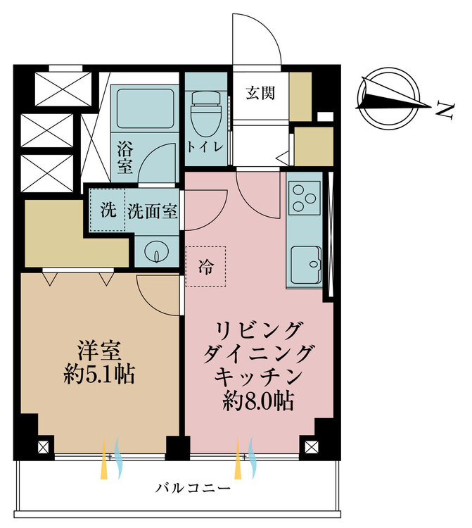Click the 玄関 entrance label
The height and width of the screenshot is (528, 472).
pos(260,93)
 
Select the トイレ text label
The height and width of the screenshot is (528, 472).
pos(205,147)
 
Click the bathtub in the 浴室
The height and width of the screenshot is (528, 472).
pos(146,108)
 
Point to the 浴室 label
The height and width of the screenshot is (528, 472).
pos(125,158)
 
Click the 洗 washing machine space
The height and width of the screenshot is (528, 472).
pos(108,210)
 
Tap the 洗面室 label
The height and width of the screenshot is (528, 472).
pos(153,212)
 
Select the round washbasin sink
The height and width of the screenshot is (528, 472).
pos(157,252)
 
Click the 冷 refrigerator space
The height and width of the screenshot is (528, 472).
pos(205,266)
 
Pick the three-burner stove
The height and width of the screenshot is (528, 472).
pos(304,198)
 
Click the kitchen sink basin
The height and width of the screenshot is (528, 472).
pos(306,265)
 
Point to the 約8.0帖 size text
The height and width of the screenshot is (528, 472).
pos(258,401)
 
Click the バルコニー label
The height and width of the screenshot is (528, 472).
pos(193,488)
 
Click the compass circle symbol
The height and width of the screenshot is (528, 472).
pos(388,99)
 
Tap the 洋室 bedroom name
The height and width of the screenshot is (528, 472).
pos(99,350)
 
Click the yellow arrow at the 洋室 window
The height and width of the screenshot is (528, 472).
pos(104,458)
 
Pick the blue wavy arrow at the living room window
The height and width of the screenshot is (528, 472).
pos(253,458)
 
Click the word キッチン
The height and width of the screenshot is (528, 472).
pos(258,377)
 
